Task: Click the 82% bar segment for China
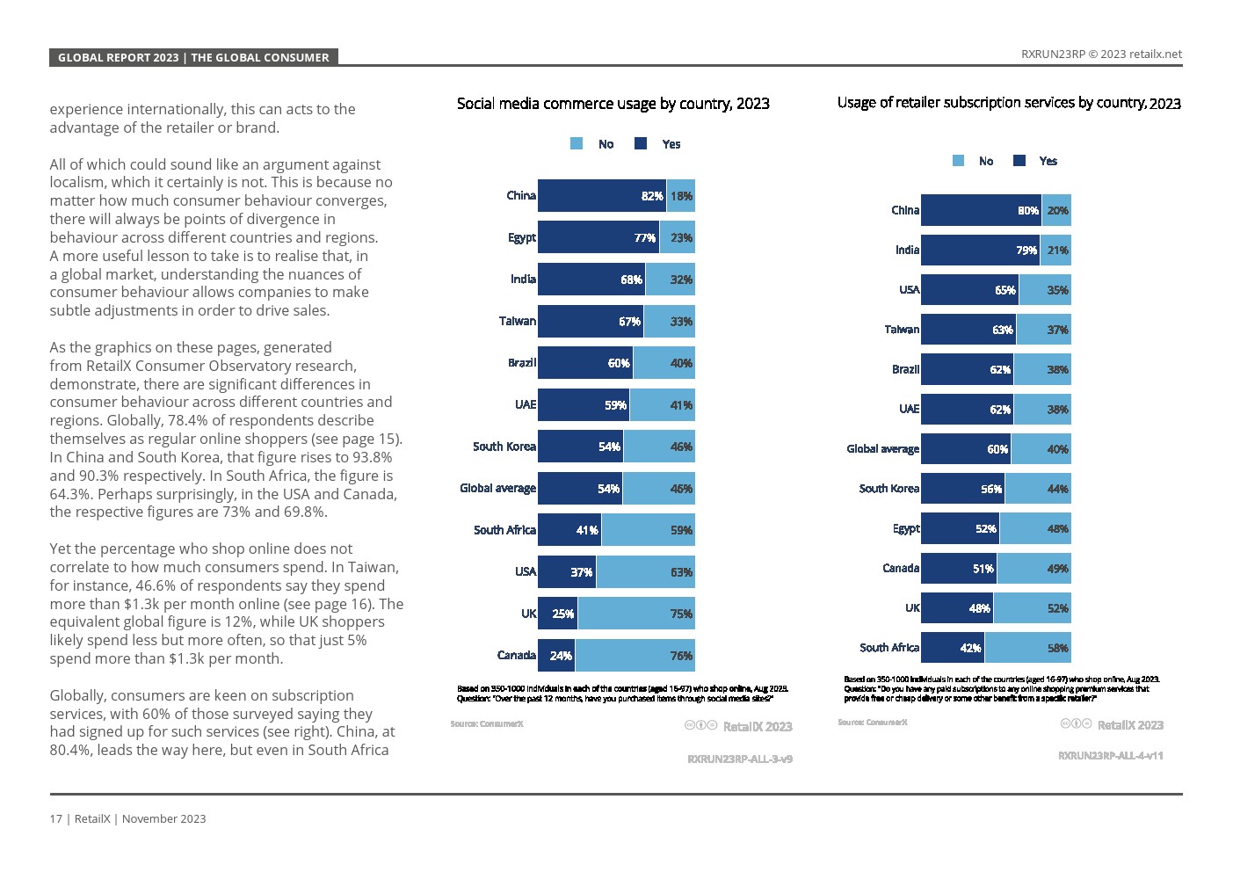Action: (x=602, y=196)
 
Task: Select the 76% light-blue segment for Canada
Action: (x=635, y=656)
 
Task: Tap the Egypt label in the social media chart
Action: (x=521, y=237)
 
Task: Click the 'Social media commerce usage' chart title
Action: (x=613, y=104)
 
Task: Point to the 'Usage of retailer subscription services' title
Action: (x=1008, y=103)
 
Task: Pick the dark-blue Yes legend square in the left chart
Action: (x=641, y=144)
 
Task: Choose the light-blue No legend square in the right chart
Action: (x=958, y=161)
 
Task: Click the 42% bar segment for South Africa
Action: (x=952, y=648)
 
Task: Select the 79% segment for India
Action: (x=980, y=251)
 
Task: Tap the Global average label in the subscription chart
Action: (x=882, y=449)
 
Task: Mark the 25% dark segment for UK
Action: (x=557, y=614)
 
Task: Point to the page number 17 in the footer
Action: (x=55, y=819)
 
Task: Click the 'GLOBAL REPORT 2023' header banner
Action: (x=193, y=57)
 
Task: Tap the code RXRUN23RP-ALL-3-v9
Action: (x=739, y=759)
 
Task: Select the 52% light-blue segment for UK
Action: (x=1032, y=608)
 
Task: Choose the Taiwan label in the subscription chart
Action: (x=901, y=330)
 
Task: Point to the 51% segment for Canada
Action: (x=959, y=569)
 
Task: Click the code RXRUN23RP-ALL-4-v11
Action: (x=1110, y=755)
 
